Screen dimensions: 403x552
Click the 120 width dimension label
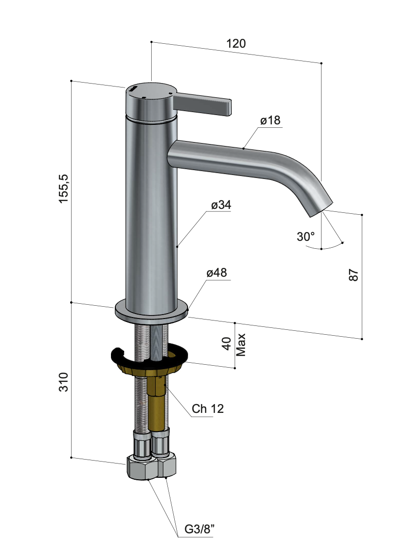point(236,44)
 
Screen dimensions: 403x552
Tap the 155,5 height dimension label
point(64,188)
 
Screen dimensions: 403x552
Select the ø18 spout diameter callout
point(270,120)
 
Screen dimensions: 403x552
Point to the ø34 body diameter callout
point(221,205)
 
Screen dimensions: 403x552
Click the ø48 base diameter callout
point(216,273)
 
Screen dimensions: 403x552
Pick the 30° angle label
point(306,236)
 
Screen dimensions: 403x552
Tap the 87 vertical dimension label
point(354,275)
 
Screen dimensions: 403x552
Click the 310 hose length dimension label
point(64,381)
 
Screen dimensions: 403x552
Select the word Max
point(241,345)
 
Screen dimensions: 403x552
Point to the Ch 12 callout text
point(208,409)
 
